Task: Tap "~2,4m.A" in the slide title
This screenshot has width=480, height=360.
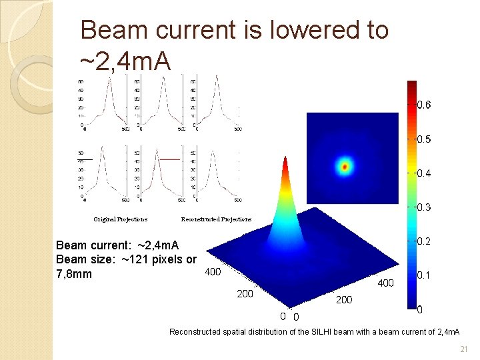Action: [x=125, y=61]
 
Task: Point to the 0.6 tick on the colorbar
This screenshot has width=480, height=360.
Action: [x=424, y=105]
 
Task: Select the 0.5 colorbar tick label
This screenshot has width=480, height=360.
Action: [x=424, y=139]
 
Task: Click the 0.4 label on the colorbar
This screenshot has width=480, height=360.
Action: [x=424, y=173]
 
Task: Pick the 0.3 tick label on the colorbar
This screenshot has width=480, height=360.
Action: [x=424, y=207]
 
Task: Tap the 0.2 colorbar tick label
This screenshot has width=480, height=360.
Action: [x=424, y=241]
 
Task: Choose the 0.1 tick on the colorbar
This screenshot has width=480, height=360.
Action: [x=424, y=275]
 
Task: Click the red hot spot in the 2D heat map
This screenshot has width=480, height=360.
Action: [x=345, y=167]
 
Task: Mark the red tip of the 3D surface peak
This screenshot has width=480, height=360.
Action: [x=285, y=160]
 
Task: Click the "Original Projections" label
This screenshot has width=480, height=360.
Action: [x=121, y=219]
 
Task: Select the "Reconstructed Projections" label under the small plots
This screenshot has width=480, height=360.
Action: [x=216, y=219]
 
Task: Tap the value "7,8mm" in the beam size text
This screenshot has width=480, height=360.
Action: [x=75, y=274]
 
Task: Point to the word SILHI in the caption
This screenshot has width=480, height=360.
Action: [x=326, y=331]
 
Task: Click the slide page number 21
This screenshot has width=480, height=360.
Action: [x=464, y=349]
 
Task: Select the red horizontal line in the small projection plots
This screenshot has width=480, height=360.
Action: [x=169, y=159]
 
